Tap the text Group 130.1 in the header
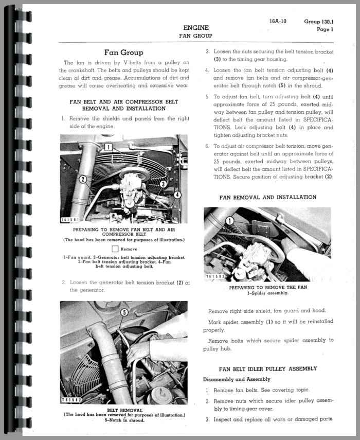[x=319, y=22]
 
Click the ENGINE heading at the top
[x=195, y=28]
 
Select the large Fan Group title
[x=123, y=52]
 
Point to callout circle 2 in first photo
[x=82, y=179]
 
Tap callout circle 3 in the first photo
[x=163, y=184]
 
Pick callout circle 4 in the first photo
[x=177, y=195]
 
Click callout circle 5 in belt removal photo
[x=124, y=312]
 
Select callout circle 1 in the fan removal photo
[x=230, y=221]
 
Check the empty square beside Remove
[x=115, y=249]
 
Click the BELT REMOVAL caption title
[x=124, y=410]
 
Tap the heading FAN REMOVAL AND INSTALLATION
[x=267, y=197]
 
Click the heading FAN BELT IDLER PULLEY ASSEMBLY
[x=267, y=368]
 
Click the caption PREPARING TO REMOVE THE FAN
[x=267, y=288]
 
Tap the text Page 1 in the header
[x=325, y=29]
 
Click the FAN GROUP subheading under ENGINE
[x=195, y=36]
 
